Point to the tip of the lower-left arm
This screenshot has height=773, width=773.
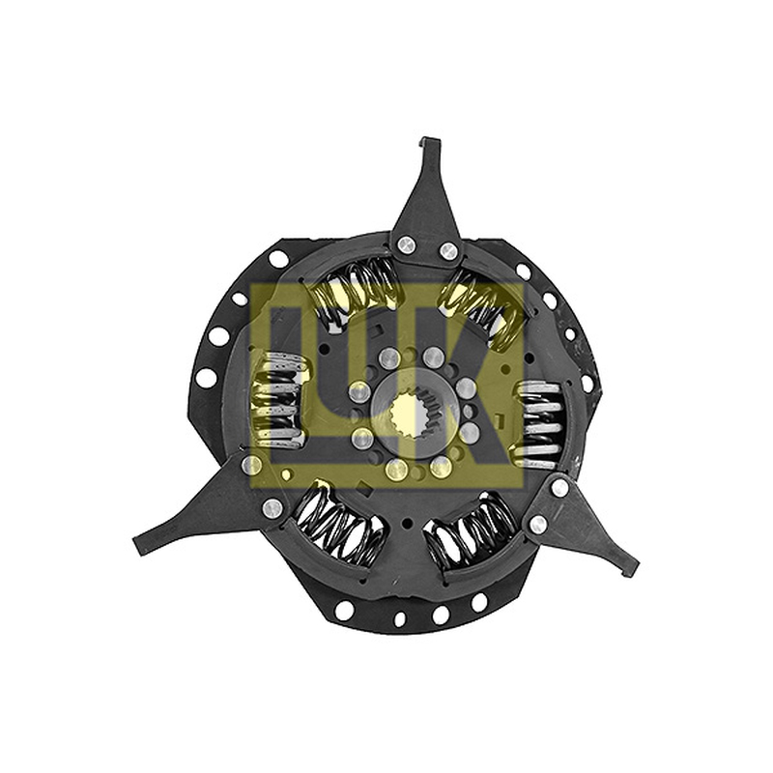tap(138, 544)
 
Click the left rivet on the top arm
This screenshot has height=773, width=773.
tap(406, 243)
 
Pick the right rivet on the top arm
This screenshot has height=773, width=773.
tap(448, 251)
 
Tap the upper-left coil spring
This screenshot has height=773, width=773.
tap(353, 292)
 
